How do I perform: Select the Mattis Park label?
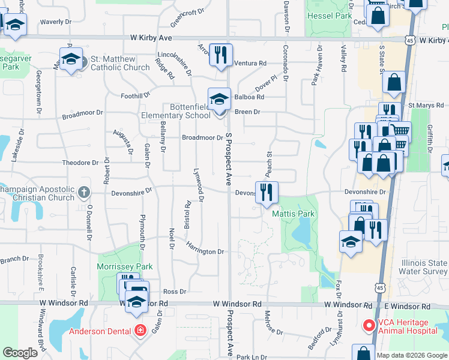(x=294, y=214)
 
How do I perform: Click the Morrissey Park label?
(x=125, y=266)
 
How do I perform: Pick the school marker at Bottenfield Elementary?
(x=219, y=98)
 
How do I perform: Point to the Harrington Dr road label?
(x=205, y=248)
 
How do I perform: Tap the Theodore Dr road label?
(x=80, y=163)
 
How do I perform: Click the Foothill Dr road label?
(x=135, y=95)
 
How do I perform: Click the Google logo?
(x=20, y=353)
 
